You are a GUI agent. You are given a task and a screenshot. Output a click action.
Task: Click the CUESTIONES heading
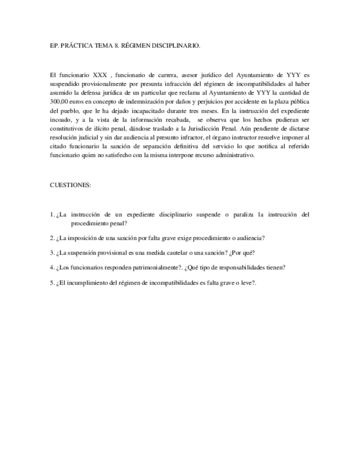pyautogui.click(x=70, y=185)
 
